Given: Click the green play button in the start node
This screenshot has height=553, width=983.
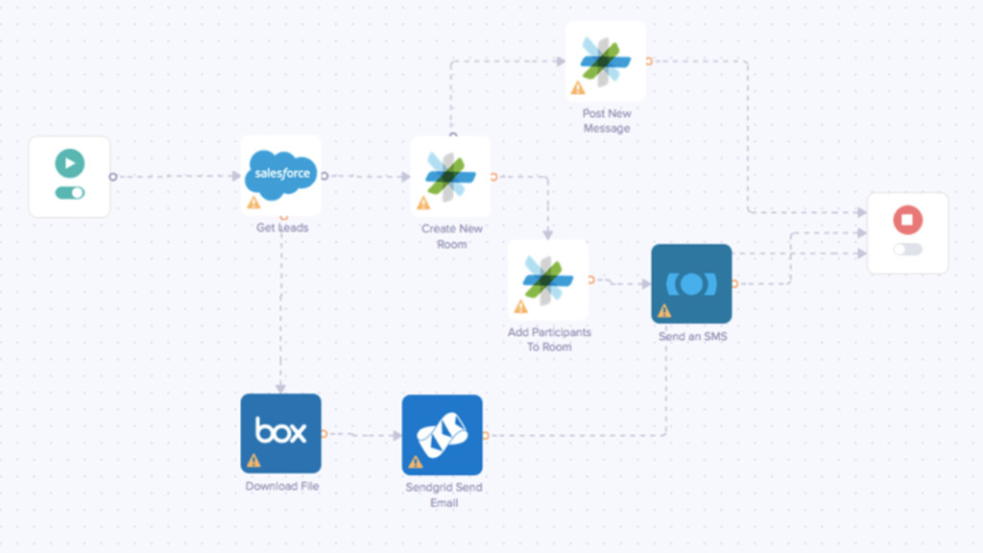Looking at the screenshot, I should [x=69, y=163].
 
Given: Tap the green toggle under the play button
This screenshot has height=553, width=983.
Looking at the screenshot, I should [x=69, y=193].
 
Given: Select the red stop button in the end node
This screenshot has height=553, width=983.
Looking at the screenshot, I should [x=907, y=220].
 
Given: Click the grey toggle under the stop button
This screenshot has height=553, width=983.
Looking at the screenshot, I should [x=907, y=250].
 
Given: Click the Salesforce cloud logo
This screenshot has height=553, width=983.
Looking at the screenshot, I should [x=280, y=173].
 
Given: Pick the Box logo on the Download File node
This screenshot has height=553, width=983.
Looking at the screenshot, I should [x=280, y=430].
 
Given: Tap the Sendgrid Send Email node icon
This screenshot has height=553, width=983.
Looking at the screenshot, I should [x=442, y=435].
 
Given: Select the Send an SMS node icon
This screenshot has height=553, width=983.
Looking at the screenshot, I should [x=691, y=284].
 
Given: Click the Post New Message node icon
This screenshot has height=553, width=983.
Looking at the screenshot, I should [x=606, y=60].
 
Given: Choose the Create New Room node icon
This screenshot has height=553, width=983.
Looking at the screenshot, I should [x=450, y=176].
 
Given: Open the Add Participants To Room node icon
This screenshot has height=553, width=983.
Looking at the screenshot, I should [x=548, y=279].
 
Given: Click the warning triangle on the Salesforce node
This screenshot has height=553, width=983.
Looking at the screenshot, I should [x=253, y=203].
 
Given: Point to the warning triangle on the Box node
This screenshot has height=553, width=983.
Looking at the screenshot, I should [x=253, y=461].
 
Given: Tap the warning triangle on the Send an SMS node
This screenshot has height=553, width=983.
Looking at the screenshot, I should [x=663, y=311].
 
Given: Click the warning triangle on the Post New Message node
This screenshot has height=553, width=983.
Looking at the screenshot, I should [x=578, y=88].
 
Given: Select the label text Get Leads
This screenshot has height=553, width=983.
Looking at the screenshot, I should [x=280, y=228].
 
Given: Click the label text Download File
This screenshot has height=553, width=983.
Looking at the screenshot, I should [x=281, y=487].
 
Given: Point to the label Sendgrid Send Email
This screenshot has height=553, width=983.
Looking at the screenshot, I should [x=444, y=494].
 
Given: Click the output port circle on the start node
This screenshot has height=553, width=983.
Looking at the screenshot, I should [x=112, y=177].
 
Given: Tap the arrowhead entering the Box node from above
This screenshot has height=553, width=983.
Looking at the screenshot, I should [x=280, y=388].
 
